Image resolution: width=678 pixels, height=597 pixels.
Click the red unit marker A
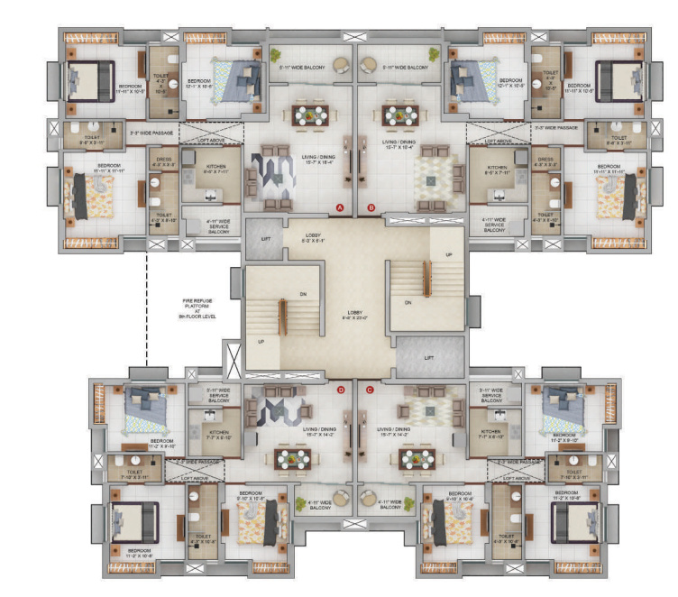[340, 207]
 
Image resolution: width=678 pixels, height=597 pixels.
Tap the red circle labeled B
[371, 207]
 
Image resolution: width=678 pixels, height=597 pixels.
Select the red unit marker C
[370, 390]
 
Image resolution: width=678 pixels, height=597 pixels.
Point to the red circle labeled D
[341, 390]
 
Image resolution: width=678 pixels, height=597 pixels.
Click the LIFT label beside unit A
[264, 239]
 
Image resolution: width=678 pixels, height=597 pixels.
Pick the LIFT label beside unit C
[430, 358]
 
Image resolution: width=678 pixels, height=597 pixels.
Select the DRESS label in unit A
[164, 162]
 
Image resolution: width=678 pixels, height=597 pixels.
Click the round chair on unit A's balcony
[343, 66]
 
